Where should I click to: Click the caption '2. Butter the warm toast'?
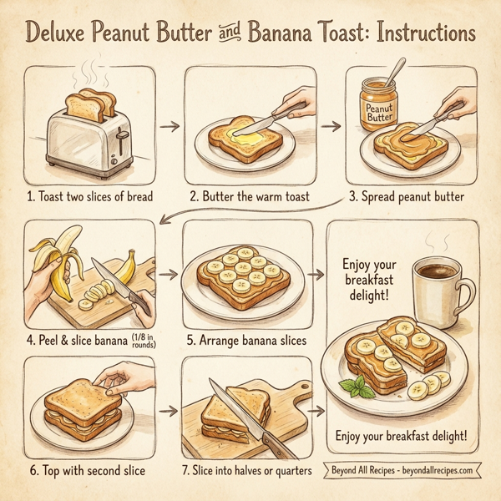[250, 197]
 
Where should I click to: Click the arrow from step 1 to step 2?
[169, 126]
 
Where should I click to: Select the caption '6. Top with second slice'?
[89, 471]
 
